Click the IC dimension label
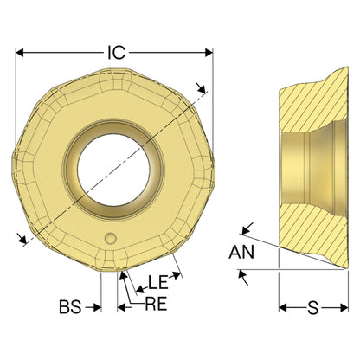click(x=116, y=53)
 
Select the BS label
click(x=70, y=307)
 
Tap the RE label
click(x=156, y=304)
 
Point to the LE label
click(x=158, y=282)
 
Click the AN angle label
click(x=241, y=252)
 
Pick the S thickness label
click(x=313, y=307)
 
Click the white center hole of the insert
click(x=113, y=170)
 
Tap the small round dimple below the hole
click(x=111, y=239)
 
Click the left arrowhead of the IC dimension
click(x=20, y=53)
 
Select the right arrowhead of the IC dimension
click(x=209, y=53)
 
